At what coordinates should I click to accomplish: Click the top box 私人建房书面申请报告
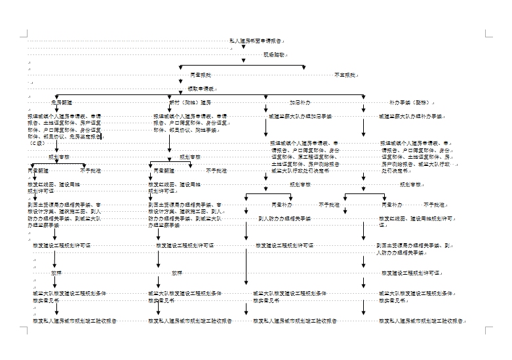(256, 41)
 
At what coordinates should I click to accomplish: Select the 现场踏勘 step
(273, 55)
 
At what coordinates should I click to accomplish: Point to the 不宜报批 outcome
(345, 75)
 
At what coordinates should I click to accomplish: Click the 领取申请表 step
(201, 89)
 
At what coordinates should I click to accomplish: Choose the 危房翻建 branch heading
(62, 103)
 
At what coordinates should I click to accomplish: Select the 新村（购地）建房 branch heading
(191, 103)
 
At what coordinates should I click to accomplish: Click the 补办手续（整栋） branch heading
(409, 103)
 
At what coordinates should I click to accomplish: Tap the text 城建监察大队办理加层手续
(300, 117)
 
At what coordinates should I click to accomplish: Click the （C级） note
(37, 142)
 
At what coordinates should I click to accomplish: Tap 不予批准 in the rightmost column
(434, 205)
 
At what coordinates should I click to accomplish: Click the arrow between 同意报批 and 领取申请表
(180, 81)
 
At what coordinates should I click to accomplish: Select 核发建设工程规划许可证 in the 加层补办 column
(285, 245)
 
